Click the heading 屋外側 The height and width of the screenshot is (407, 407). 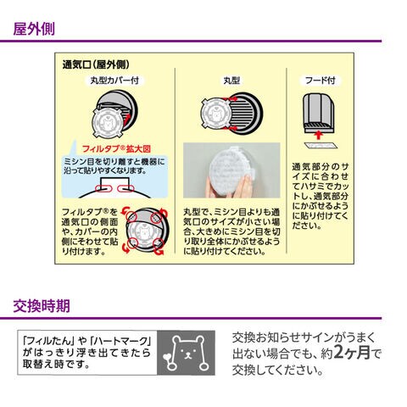(34, 29)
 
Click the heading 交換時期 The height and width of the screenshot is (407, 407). (42, 305)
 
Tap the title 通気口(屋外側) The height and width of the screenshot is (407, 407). (96, 64)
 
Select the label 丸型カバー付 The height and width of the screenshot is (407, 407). (114, 81)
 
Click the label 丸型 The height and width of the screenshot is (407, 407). (231, 81)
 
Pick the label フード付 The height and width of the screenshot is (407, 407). (321, 81)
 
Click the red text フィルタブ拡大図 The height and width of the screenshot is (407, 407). (116, 149)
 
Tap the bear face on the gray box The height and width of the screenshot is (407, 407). (187, 353)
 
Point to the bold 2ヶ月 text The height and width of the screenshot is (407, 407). (352, 352)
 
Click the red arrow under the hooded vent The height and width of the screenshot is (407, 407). (319, 135)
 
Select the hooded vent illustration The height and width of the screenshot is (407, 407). (319, 113)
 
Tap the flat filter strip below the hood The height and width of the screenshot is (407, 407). (321, 146)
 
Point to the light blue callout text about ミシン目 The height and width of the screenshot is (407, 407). (114, 166)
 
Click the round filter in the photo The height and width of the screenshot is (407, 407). (231, 171)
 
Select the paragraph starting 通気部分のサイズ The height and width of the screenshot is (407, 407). (321, 196)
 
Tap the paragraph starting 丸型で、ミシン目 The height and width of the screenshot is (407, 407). (231, 231)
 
